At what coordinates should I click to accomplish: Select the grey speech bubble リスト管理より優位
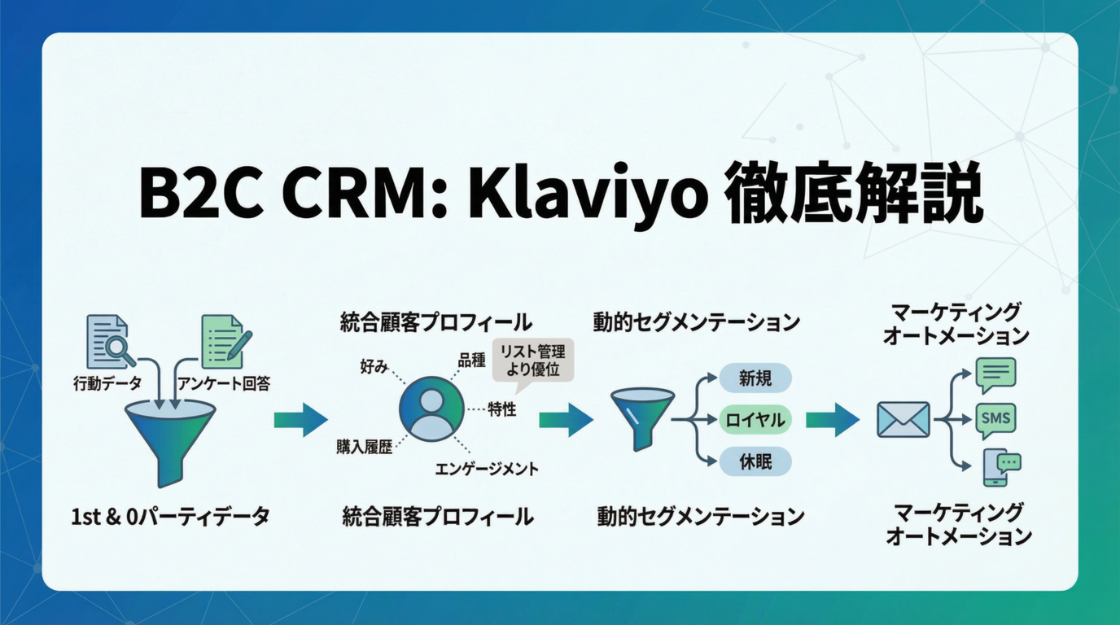tap(532, 361)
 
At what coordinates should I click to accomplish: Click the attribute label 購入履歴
tap(364, 447)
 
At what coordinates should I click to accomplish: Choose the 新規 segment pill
tap(755, 378)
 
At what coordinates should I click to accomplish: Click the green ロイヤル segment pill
tap(755, 420)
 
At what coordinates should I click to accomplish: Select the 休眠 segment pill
tap(755, 462)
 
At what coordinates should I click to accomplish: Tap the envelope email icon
tap(903, 420)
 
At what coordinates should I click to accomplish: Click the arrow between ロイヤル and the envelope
tap(832, 420)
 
